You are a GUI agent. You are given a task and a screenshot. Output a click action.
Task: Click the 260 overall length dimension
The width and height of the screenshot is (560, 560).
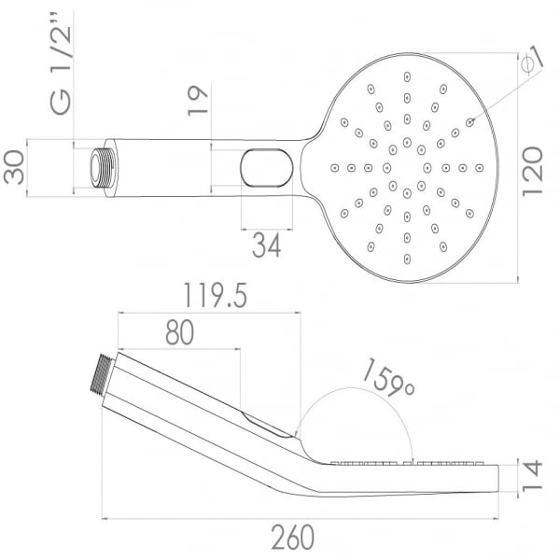pyautogui.click(x=292, y=538)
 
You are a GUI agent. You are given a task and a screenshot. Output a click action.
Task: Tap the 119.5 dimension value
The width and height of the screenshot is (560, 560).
pyautogui.click(x=215, y=295)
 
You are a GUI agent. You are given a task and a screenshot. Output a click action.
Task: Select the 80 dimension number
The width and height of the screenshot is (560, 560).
pyautogui.click(x=179, y=332)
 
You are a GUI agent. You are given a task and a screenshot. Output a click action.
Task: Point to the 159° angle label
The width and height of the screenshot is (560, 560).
pyautogui.click(x=388, y=378)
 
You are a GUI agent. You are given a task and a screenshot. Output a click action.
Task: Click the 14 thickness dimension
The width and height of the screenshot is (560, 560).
pyautogui.click(x=532, y=476)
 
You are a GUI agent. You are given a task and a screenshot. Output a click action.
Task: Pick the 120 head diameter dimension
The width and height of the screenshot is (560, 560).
pyautogui.click(x=532, y=172)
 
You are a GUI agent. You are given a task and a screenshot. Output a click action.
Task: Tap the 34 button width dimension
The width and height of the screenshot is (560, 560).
pyautogui.click(x=266, y=245)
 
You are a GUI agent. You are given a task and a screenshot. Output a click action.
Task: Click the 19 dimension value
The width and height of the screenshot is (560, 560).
pyautogui.click(x=198, y=101)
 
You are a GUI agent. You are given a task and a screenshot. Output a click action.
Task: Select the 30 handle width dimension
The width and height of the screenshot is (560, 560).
pyautogui.click(x=14, y=167)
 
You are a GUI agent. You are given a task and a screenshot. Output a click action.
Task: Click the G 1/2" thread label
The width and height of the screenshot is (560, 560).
pyautogui.click(x=61, y=63)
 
